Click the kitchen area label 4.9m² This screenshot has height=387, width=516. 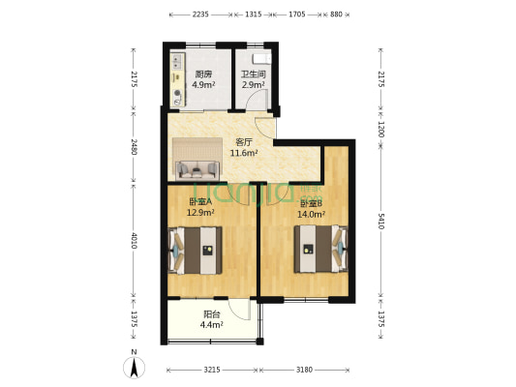pos(203,85)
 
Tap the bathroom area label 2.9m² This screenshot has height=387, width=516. pos(254,85)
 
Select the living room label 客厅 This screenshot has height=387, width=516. pos(244,142)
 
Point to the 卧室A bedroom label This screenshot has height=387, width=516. pos(200,201)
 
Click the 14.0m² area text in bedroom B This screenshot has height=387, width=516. pos(312,215)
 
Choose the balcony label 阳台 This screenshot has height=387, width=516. pos(212,314)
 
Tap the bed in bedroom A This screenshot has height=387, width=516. pos(195,251)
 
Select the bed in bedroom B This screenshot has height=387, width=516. pos(320,249)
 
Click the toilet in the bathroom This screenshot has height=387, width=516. pos(261,59)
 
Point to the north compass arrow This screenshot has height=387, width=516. pos(134,368)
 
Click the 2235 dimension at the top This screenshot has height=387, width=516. pos(200,15)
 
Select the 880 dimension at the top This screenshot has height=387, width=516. pos(336,15)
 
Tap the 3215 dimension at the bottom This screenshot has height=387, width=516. pos(212,371)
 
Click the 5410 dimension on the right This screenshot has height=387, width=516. pos(380,221)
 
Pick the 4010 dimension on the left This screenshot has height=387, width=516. pos(134,241)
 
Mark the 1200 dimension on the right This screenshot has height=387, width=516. pos(380,130)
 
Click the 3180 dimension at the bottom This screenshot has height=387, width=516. pos(304,371)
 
